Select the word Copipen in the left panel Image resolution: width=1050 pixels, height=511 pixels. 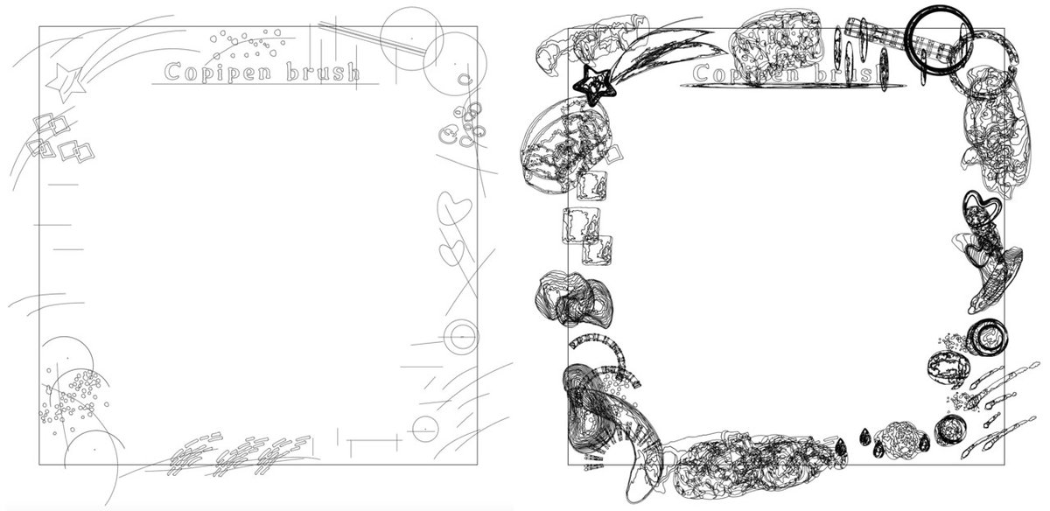(220, 73)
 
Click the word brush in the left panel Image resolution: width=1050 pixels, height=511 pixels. (323, 73)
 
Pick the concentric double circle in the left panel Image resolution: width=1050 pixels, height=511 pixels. (462, 337)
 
